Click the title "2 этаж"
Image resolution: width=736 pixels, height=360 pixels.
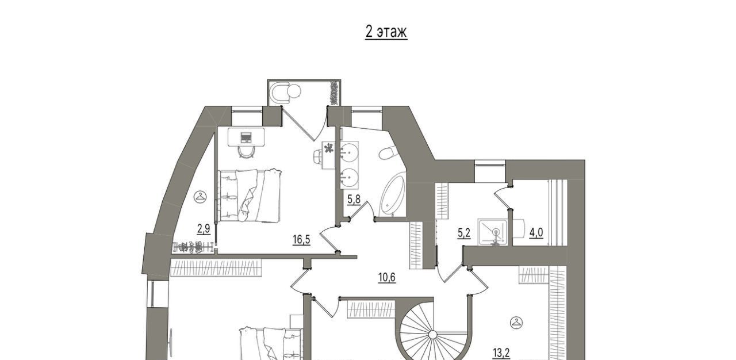(x=386, y=32)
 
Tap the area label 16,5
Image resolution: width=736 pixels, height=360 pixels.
(x=301, y=240)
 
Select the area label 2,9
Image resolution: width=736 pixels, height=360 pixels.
(x=204, y=229)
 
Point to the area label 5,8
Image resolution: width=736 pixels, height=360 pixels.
(x=354, y=199)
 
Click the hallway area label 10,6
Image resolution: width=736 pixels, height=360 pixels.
(x=387, y=278)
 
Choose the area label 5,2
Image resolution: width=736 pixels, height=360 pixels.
(x=464, y=233)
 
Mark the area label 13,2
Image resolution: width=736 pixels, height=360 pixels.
(x=501, y=353)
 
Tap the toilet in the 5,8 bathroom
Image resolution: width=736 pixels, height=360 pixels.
(x=386, y=153)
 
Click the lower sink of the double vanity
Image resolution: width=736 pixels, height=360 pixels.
(x=349, y=178)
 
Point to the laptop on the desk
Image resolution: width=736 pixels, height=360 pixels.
(x=246, y=137)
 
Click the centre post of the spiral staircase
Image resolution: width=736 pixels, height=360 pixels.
(x=433, y=335)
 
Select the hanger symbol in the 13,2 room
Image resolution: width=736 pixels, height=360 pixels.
(x=516, y=323)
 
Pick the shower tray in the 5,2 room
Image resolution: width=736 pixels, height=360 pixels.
(x=492, y=232)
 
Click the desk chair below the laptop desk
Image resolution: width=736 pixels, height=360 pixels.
(x=246, y=152)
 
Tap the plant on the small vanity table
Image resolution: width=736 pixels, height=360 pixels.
(x=328, y=148)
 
